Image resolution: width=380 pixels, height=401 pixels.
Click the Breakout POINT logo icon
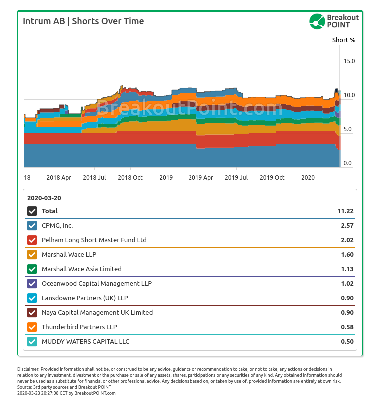click(317, 21)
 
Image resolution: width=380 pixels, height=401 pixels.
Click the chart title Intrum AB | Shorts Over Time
click(83, 21)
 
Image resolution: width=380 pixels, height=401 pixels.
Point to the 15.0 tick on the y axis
click(348, 61)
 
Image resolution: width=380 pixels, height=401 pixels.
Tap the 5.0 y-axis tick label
click(348, 129)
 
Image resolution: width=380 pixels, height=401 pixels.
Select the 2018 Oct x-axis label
click(130, 177)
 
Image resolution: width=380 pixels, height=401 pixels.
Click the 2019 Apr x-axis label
click(201, 177)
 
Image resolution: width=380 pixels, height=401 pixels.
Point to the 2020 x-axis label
click(309, 177)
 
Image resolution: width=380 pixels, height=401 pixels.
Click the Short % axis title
click(344, 40)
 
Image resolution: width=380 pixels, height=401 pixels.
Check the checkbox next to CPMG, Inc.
click(32, 225)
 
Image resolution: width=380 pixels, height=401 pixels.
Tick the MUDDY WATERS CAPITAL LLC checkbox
click(32, 342)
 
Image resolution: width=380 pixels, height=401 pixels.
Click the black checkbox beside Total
click(32, 211)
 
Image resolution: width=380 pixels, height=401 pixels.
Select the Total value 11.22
click(345, 211)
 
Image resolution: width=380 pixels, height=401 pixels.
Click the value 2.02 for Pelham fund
click(347, 240)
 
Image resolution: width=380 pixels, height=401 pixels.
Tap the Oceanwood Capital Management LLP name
click(97, 283)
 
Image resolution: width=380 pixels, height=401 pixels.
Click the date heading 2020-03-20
click(44, 198)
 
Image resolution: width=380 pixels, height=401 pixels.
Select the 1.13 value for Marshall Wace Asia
click(347, 269)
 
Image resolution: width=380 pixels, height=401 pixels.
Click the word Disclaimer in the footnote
click(28, 369)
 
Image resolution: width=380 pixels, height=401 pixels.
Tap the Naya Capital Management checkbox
click(32, 313)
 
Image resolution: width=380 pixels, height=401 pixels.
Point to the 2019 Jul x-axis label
click(236, 177)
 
